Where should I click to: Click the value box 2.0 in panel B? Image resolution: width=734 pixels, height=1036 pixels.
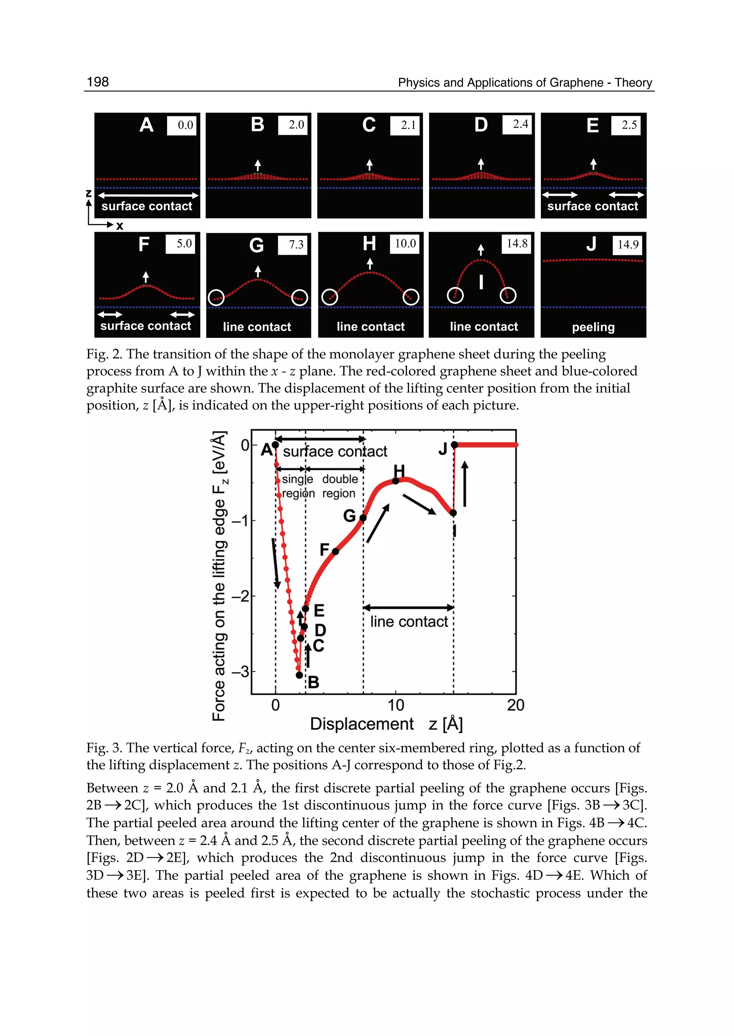click(x=293, y=125)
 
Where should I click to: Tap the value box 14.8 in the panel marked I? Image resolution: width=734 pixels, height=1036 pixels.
click(x=517, y=244)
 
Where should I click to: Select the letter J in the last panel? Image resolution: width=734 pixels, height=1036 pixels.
click(x=592, y=244)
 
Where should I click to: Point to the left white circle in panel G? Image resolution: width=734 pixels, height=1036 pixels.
click(x=216, y=298)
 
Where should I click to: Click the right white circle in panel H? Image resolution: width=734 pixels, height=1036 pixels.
click(x=411, y=297)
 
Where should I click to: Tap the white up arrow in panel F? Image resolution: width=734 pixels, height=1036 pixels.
click(x=146, y=276)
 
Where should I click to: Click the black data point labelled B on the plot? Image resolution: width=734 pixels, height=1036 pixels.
click(x=299, y=675)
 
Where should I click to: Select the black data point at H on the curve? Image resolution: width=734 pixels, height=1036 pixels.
click(x=395, y=481)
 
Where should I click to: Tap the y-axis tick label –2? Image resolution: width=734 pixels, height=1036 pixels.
click(x=240, y=596)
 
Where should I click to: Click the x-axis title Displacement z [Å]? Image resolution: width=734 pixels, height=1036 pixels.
click(x=386, y=724)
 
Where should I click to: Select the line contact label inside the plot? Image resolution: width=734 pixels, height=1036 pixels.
click(x=409, y=622)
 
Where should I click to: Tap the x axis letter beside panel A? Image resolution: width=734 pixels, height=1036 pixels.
click(x=120, y=226)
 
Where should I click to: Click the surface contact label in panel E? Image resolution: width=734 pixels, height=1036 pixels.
click(x=592, y=206)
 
